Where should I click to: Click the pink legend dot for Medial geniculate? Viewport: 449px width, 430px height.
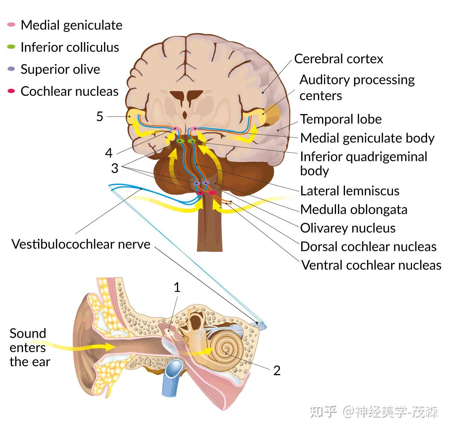coord(11,25)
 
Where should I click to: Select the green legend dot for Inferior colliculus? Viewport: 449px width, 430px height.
coord(11,47)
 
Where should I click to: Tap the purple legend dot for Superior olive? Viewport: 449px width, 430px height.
coord(11,69)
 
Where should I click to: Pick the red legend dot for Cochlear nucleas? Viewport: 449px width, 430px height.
coord(11,91)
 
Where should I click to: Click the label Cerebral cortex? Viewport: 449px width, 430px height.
coord(339,59)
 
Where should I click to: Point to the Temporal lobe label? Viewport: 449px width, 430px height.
coord(341,119)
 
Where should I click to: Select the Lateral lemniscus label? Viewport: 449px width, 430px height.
coord(350,191)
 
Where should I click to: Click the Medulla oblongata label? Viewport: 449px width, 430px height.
coord(354,210)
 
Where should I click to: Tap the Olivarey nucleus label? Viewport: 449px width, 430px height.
coord(348,228)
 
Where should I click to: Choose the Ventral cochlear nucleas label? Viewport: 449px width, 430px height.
coord(371,265)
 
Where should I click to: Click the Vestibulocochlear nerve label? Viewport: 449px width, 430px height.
coord(81,244)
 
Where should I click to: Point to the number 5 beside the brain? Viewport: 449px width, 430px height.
coord(100,117)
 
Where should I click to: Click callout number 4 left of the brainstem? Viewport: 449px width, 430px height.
coord(109,153)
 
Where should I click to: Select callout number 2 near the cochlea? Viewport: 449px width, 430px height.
coord(277,370)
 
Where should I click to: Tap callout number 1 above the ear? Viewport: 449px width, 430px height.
coord(177,288)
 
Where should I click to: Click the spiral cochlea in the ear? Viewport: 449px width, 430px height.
coord(226,351)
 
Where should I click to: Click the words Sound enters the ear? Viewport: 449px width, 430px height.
coord(29,348)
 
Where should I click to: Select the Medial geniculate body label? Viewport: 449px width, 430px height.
coord(367,138)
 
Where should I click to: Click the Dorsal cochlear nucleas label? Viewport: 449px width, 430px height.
coord(368,247)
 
